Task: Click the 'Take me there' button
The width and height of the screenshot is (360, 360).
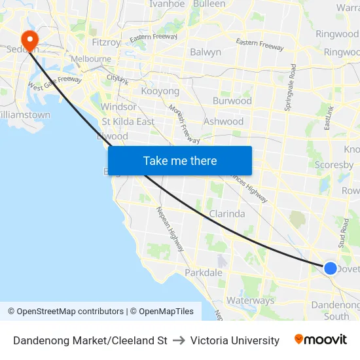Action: pyautogui.click(x=180, y=160)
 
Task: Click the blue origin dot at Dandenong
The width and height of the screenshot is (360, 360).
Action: pyautogui.click(x=331, y=268)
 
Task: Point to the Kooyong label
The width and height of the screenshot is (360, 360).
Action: pyautogui.click(x=160, y=91)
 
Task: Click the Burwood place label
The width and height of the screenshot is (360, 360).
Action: pyautogui.click(x=232, y=101)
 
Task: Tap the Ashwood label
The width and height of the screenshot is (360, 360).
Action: pyautogui.click(x=223, y=121)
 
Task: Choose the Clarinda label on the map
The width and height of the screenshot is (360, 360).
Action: pyautogui.click(x=227, y=213)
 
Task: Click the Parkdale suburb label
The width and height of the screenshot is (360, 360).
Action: pyautogui.click(x=204, y=272)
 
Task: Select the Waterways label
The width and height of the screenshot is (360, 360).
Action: pyautogui.click(x=250, y=300)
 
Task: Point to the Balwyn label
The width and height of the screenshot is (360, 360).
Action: pyautogui.click(x=206, y=52)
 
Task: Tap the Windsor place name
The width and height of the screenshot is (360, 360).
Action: pyautogui.click(x=118, y=107)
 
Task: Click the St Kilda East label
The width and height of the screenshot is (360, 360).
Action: pyautogui.click(x=128, y=121)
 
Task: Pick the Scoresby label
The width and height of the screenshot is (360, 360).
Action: pyautogui.click(x=334, y=165)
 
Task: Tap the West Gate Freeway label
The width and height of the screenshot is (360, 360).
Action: pyautogui.click(x=55, y=83)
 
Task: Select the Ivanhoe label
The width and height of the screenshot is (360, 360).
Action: pyautogui.click(x=167, y=4)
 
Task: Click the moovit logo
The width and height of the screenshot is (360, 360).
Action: pyautogui.click(x=321, y=340)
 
